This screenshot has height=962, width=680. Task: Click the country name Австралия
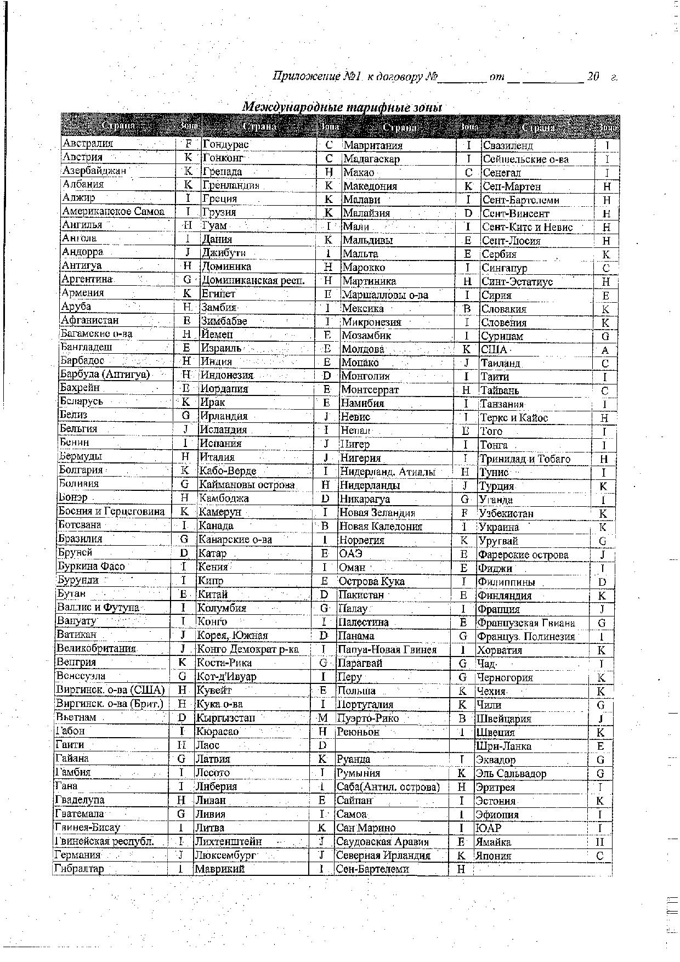pos(88,144)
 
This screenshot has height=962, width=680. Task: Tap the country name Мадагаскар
pos(371,159)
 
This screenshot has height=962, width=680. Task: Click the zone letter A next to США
pos(605,350)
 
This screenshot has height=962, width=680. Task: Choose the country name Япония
pos(494,856)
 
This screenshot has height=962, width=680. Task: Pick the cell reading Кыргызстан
pos(225,718)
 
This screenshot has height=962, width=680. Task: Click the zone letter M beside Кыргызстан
pos(323,718)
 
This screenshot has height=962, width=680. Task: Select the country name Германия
pos(78,855)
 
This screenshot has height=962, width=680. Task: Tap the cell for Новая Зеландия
pos(377,513)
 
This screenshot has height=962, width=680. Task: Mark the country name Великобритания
pos(96,648)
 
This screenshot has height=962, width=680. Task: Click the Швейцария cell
pos(503,718)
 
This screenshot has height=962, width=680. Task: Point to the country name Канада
pos(216,526)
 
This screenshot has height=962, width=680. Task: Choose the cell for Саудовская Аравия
pos(383,842)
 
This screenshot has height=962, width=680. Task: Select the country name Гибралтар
pos(80,869)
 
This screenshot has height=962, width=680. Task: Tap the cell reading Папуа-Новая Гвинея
pos(387,650)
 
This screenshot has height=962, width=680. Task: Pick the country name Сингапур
pos(504,268)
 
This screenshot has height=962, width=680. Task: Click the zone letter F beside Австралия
pos(188,144)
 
